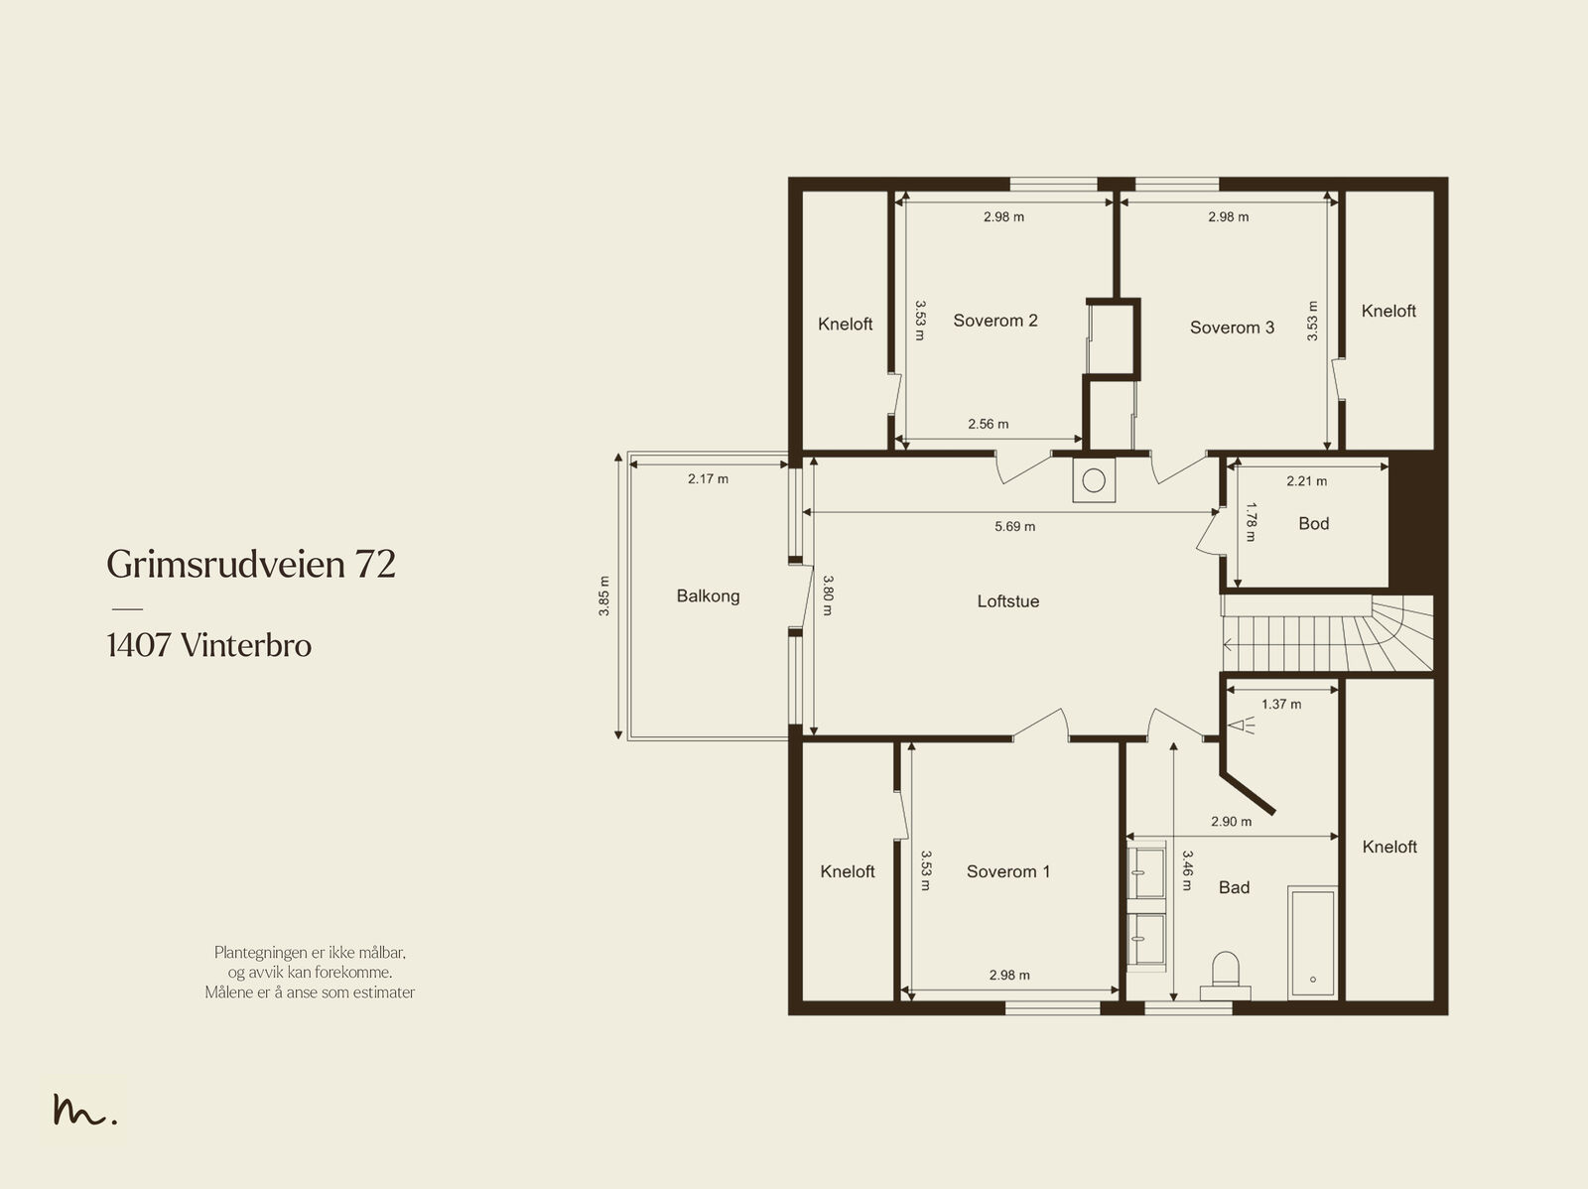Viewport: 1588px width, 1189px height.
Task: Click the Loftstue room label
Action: [1007, 601]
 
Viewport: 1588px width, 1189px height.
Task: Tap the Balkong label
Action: [708, 595]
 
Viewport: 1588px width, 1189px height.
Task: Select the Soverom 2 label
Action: [995, 321]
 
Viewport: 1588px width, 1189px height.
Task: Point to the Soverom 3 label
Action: [1232, 328]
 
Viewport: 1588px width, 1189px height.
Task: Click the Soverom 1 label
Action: [1007, 871]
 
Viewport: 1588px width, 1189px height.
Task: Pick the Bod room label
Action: [1314, 524]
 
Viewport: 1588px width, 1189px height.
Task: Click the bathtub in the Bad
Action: [1312, 943]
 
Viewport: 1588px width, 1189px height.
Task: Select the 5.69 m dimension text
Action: [1014, 527]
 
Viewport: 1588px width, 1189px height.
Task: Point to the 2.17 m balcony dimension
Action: [708, 478]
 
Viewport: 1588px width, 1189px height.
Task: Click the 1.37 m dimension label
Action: [1280, 704]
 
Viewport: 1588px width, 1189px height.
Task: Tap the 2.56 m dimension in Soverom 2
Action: [989, 424]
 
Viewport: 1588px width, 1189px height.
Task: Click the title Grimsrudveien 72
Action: [251, 564]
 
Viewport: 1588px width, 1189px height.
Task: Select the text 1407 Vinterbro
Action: [209, 645]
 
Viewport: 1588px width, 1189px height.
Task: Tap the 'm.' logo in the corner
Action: [85, 1110]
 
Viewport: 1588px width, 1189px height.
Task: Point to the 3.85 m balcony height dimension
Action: [604, 595]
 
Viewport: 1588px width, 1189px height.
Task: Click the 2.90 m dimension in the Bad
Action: [1231, 822]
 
